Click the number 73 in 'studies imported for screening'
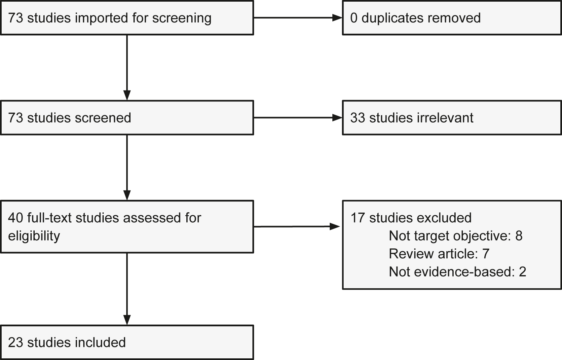16,18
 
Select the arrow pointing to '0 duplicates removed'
297,18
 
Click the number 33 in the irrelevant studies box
357,118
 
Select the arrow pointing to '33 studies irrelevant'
297,118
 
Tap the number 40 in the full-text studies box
16,218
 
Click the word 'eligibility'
34,236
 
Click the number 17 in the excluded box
357,218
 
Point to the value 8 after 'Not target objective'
518,236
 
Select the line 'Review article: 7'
439,254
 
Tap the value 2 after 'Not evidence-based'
522,271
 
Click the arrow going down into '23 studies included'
127,289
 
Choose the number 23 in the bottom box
16,342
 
